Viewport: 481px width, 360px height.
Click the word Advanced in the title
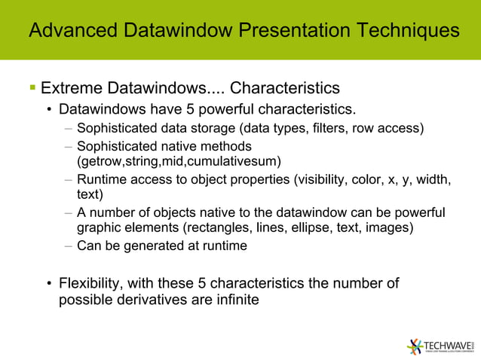tap(71, 30)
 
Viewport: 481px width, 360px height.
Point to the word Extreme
tap(75, 90)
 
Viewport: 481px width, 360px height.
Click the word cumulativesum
tap(238, 160)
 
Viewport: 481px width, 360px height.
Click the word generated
tap(150, 246)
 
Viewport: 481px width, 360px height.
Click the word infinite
tap(235, 300)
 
